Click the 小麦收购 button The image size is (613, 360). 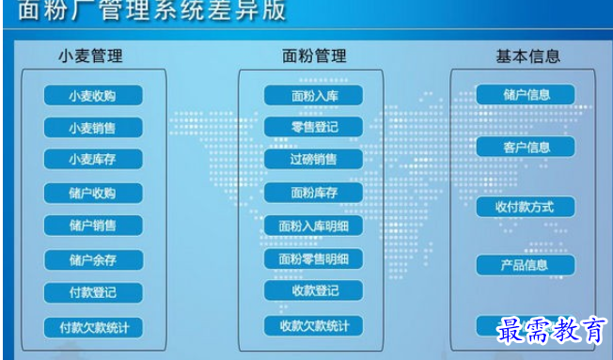92,96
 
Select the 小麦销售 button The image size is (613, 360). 92,128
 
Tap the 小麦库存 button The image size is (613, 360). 92,160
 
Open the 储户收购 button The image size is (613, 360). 92,194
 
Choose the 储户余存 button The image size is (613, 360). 92,259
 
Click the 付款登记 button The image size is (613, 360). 92,292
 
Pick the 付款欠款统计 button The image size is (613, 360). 92,328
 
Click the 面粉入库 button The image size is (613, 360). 313,95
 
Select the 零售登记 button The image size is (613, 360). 313,127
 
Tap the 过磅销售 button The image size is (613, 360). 313,159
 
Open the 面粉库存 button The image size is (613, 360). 313,194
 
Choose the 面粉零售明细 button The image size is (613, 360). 313,258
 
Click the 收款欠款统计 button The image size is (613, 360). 313,326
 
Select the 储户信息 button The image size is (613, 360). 526,94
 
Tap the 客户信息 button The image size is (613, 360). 526,148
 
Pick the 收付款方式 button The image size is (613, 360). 526,207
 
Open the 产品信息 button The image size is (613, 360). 526,265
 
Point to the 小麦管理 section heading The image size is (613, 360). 90,55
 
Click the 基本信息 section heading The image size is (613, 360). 527,55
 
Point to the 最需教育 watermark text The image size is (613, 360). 552,332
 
